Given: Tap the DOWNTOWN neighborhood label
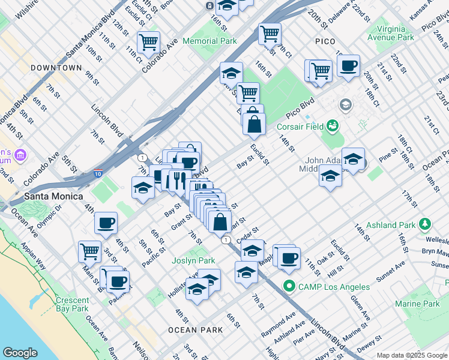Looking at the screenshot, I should tap(56, 68).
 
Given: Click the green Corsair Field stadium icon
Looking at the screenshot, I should tap(332, 127).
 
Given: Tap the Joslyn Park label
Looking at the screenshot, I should tap(193, 261).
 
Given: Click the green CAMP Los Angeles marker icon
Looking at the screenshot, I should tap(289, 286).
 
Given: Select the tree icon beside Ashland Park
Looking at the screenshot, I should tap(426, 225).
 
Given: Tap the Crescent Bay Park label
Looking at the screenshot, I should tap(73, 304).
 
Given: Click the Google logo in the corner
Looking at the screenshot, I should tap(20, 353).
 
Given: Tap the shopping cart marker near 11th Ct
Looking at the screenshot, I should tap(148, 42).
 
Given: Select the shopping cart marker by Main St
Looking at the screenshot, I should tap(89, 250).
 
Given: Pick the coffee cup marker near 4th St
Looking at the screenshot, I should tap(106, 223).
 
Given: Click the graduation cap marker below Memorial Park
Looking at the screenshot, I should tap(231, 73).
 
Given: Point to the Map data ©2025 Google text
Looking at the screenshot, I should tap(411, 355).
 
